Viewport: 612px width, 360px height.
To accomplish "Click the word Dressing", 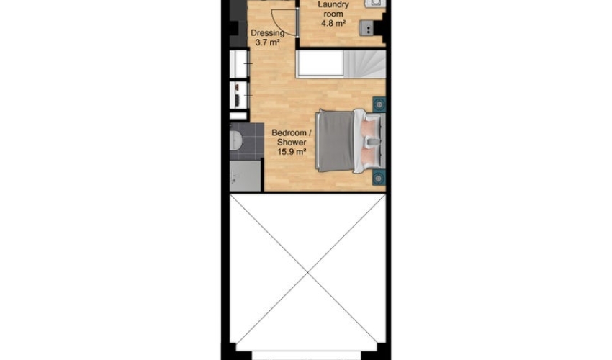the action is pyautogui.click(x=267, y=34).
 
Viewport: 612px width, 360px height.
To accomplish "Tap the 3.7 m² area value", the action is pyautogui.click(x=267, y=42).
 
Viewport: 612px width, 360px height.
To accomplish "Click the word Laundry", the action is pyautogui.click(x=333, y=5).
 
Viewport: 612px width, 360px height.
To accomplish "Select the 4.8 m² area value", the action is pyautogui.click(x=333, y=24).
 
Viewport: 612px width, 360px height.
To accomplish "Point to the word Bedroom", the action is pyautogui.click(x=289, y=132).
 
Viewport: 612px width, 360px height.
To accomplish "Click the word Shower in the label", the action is pyautogui.click(x=291, y=143).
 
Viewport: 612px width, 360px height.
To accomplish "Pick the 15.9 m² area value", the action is pyautogui.click(x=291, y=152).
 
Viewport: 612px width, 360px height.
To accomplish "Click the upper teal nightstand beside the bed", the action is pyautogui.click(x=379, y=104).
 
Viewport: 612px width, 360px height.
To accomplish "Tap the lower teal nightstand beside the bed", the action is pyautogui.click(x=379, y=178).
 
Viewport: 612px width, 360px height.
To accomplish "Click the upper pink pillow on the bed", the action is pyautogui.click(x=369, y=127).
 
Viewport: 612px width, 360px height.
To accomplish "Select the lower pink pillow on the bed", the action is pyautogui.click(x=369, y=154).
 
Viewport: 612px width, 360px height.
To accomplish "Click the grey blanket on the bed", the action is pyautogui.click(x=336, y=140).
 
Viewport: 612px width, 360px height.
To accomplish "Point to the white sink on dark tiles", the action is pyautogui.click(x=235, y=140).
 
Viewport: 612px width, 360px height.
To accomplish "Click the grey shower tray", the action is pyautogui.click(x=245, y=176).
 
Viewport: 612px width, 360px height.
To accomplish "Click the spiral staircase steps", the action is pyautogui.click(x=364, y=63).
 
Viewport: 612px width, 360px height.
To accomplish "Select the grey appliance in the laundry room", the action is pyautogui.click(x=366, y=28).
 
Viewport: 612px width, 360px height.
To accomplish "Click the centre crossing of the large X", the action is pyautogui.click(x=308, y=272).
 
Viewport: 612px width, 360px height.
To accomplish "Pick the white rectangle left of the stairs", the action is pyautogui.click(x=320, y=63).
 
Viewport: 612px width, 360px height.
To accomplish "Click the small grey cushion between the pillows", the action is pyautogui.click(x=372, y=140).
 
